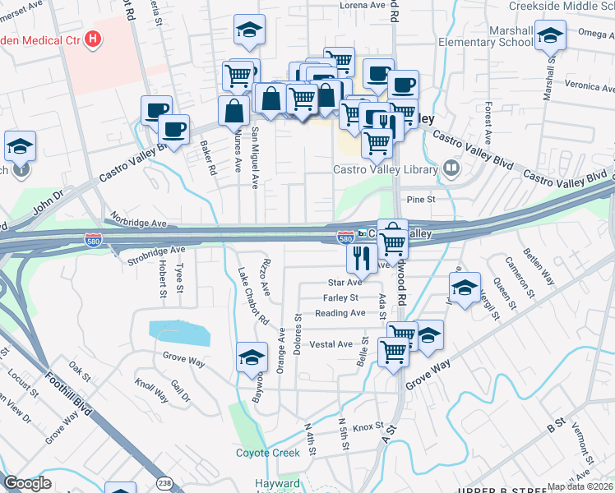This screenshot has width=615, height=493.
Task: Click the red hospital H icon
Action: pos(93,38)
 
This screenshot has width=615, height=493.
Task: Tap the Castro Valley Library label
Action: pos(386,170)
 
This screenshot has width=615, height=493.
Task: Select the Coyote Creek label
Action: pos(267,453)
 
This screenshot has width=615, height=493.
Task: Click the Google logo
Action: pos(27,484)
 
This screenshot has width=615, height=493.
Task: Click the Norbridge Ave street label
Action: pos(136,223)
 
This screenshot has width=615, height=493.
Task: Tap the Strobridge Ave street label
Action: pos(156,249)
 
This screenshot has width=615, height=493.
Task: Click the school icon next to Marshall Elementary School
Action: pos(550,36)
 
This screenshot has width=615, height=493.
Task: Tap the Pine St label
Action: pos(418,199)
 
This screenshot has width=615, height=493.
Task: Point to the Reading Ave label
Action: pos(340,313)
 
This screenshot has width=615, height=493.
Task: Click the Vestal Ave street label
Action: pos(331,344)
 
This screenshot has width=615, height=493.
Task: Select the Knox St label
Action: pos(368,426)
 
